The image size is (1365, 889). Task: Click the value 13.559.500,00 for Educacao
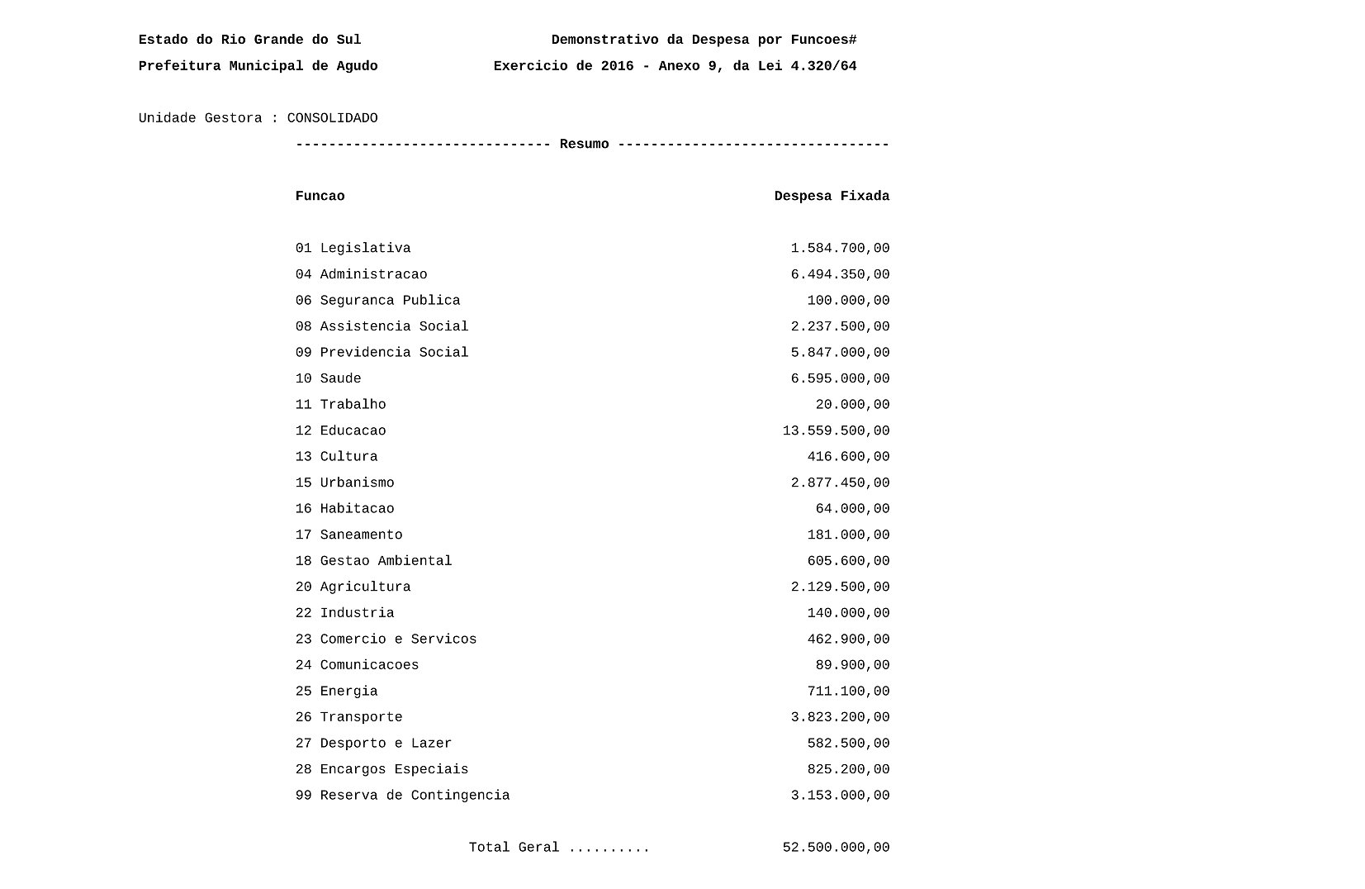[x=836, y=431]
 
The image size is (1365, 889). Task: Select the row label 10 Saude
[x=328, y=379]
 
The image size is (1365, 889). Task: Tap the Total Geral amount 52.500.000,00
[x=836, y=848]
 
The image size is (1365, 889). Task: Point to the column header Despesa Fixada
[x=832, y=197]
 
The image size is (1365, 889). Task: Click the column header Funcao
[x=320, y=197]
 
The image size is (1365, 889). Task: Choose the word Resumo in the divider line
[x=584, y=145]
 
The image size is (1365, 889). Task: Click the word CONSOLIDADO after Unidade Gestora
[x=332, y=118]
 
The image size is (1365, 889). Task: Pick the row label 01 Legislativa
[x=353, y=249]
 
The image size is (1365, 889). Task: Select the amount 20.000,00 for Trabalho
[x=852, y=405]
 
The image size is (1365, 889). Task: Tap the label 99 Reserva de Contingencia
[x=402, y=796]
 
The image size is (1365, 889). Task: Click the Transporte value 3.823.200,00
[x=840, y=718]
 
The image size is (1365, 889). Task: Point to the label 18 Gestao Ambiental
[x=373, y=561]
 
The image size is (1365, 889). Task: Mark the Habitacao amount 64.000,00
[x=852, y=509]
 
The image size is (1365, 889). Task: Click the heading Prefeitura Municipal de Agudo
[x=258, y=66]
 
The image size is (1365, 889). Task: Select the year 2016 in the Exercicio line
[x=617, y=66]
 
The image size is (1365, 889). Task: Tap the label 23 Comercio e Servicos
[x=386, y=639]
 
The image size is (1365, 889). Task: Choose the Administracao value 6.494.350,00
[x=840, y=275]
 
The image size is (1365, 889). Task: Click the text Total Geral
[x=514, y=848]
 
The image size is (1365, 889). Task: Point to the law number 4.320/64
[x=823, y=66]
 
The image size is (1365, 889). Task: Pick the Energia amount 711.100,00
[x=848, y=692]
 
